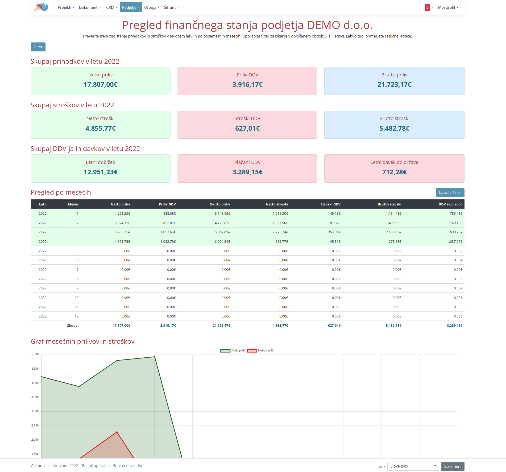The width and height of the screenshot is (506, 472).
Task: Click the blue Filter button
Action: (x=38, y=47)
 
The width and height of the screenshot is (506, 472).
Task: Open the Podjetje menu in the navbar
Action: (x=131, y=7)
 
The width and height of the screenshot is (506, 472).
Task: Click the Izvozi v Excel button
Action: (x=450, y=193)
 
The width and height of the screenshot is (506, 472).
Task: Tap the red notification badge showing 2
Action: (x=427, y=7)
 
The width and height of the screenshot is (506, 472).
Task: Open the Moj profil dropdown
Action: (x=448, y=7)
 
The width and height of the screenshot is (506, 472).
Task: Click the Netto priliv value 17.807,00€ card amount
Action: (x=100, y=84)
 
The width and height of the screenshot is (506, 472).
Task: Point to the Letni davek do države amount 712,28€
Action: (x=394, y=172)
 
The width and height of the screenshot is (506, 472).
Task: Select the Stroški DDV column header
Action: (x=330, y=204)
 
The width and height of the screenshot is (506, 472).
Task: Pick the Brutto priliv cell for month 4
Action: (x=222, y=241)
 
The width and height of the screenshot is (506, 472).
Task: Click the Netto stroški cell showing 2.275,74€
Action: (x=280, y=232)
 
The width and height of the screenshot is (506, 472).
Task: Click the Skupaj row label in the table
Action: (x=73, y=325)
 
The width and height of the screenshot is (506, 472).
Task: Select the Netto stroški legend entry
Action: (x=261, y=351)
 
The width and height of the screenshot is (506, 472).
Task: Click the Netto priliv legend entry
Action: (x=233, y=351)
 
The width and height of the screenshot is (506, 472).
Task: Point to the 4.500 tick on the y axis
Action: (x=35, y=369)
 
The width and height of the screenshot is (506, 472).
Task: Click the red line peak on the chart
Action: (x=117, y=432)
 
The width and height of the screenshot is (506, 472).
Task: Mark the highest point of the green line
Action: (x=154, y=357)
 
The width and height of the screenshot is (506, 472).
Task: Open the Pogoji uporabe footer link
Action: (x=95, y=466)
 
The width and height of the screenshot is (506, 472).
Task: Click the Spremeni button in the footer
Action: (x=452, y=466)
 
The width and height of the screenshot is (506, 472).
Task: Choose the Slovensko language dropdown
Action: (x=413, y=466)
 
